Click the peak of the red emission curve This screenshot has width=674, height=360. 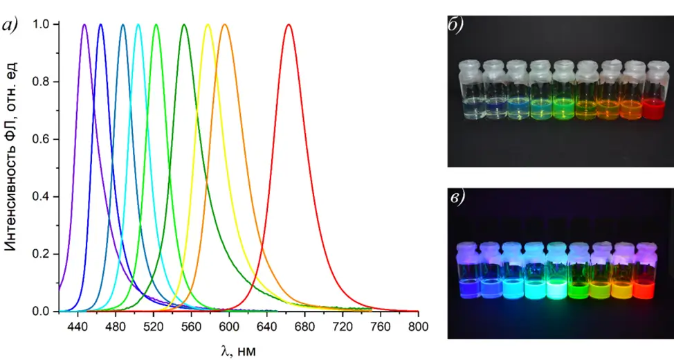[289, 25]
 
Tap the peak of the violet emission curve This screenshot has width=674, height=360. [84, 25]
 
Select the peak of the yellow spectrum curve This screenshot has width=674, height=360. [208, 25]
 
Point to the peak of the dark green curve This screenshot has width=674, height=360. [184, 25]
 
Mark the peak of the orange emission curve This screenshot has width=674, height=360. [224, 25]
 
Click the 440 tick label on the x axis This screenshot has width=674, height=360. [78, 326]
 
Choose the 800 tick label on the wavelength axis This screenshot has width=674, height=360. [417, 326]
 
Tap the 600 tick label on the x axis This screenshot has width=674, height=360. [228, 326]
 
